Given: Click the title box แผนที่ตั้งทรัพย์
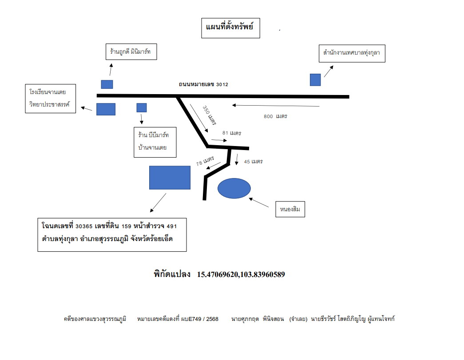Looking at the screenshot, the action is pyautogui.click(x=230, y=28).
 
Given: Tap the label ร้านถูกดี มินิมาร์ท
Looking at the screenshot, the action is pyautogui.click(x=131, y=52).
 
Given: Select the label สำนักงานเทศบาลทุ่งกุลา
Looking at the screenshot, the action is pyautogui.click(x=352, y=54).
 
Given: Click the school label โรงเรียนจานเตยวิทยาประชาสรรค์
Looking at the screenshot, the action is pyautogui.click(x=50, y=99).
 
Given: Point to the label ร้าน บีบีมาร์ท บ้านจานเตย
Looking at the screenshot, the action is pyautogui.click(x=155, y=142).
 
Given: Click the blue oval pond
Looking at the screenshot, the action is pyautogui.click(x=234, y=188).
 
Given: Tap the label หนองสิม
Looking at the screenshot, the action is pyautogui.click(x=290, y=209).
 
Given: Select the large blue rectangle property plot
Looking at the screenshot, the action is pyautogui.click(x=170, y=178).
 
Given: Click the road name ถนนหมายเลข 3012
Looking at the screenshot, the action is pyautogui.click(x=203, y=84).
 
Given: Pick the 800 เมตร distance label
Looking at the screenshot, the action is pyautogui.click(x=275, y=116).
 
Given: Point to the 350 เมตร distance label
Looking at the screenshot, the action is pyautogui.click(x=209, y=115).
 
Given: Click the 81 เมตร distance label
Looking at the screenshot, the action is pyautogui.click(x=232, y=133).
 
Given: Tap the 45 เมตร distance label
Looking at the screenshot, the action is pyautogui.click(x=253, y=162).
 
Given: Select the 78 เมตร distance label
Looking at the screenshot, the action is pyautogui.click(x=205, y=161).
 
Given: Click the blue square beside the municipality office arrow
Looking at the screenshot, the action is pyautogui.click(x=315, y=80).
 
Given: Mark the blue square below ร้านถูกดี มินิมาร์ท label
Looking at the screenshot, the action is pyautogui.click(x=107, y=84).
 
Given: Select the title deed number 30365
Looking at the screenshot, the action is pyautogui.click(x=84, y=226).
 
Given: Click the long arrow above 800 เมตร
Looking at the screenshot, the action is pyautogui.click(x=276, y=105).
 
